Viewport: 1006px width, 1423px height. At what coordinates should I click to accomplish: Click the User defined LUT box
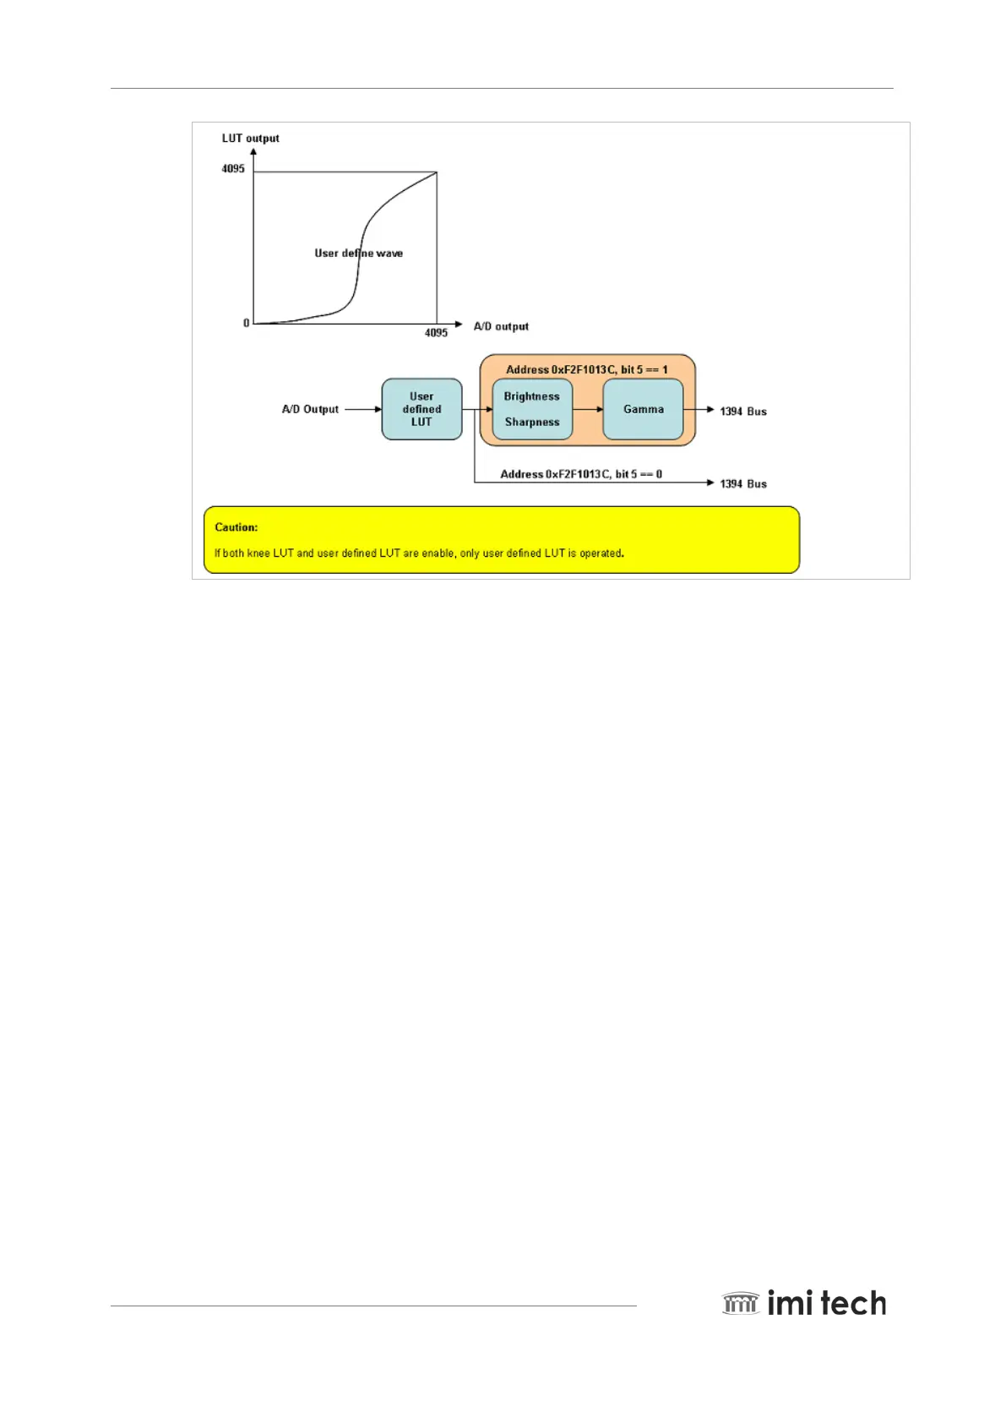click(421, 409)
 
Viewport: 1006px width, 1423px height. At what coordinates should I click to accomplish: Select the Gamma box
click(643, 409)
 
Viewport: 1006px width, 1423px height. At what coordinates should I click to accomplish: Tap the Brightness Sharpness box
click(532, 409)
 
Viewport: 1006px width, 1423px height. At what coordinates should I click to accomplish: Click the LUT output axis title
click(250, 139)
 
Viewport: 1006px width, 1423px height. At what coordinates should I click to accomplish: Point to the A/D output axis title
click(501, 326)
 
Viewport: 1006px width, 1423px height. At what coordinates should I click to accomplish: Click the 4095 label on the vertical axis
click(233, 169)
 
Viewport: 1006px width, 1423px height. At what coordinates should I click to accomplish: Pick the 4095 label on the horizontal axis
click(436, 333)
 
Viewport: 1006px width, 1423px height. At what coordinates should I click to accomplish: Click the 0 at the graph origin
click(246, 323)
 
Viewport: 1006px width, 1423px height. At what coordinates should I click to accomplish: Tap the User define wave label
click(358, 254)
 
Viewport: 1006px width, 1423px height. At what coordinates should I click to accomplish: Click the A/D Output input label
click(310, 409)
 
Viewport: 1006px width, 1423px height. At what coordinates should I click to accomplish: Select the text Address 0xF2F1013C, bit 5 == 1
click(586, 369)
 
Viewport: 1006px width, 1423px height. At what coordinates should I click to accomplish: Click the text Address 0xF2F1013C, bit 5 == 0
click(581, 474)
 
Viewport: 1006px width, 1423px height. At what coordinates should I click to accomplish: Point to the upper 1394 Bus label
click(743, 412)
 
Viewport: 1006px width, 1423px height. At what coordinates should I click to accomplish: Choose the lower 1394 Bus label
click(743, 484)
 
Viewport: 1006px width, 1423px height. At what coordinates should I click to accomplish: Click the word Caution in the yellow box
click(236, 527)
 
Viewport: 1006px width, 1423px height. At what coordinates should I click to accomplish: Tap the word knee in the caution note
click(258, 553)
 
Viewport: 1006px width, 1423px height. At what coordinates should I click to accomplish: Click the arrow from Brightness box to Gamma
click(588, 409)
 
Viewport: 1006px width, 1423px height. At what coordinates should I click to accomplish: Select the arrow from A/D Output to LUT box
click(364, 409)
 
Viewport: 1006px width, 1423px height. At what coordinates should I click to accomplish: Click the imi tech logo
click(804, 1303)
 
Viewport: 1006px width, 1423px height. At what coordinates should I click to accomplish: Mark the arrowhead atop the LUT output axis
click(253, 152)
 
